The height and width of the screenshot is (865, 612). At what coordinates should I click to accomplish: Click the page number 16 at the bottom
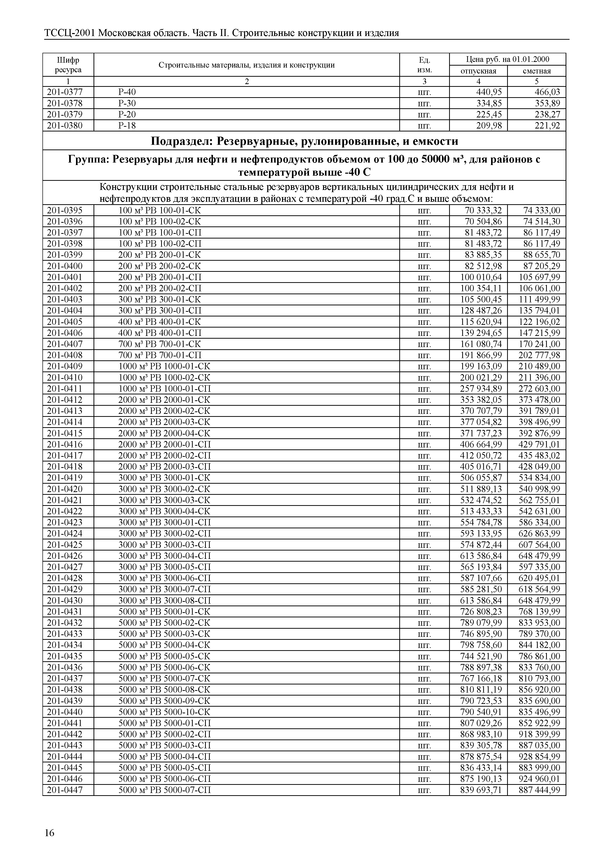(x=49, y=833)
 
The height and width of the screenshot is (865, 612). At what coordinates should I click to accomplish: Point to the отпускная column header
(x=478, y=71)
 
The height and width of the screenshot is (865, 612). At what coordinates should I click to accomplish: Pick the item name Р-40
(x=127, y=92)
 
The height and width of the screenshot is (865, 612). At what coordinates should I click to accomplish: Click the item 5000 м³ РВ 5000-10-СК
(x=164, y=712)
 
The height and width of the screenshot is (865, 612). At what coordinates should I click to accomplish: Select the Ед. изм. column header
(x=424, y=65)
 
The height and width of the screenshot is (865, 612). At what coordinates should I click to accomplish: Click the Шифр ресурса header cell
(x=68, y=65)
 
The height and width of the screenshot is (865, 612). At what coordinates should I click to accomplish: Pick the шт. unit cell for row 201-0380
(x=424, y=126)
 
